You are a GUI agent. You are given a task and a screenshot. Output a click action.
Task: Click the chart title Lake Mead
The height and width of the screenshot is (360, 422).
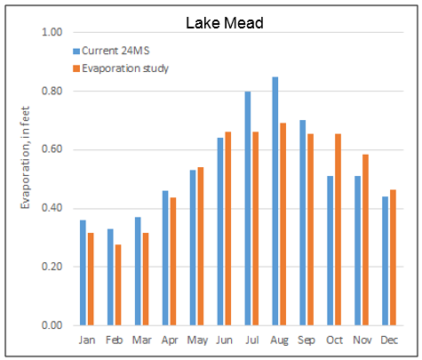point(224,22)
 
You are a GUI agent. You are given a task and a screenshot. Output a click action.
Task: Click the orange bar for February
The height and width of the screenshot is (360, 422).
point(117,284)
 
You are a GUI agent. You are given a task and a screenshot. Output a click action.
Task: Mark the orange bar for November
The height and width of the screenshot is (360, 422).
point(365,240)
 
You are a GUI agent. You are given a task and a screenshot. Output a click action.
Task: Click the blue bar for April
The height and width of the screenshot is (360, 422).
point(165,258)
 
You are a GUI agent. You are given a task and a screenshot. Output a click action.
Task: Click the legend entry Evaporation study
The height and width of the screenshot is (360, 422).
point(124,68)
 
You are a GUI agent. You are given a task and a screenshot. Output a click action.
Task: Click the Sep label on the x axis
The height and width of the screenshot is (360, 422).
point(307,340)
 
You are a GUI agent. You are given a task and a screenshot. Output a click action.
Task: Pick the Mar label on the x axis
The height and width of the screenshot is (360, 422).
point(142,340)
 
